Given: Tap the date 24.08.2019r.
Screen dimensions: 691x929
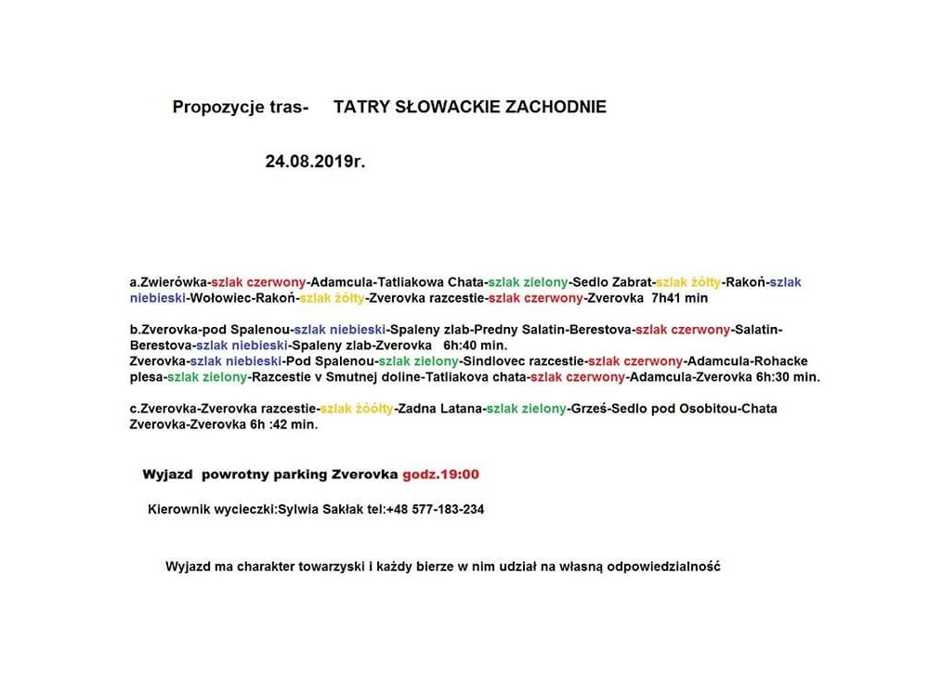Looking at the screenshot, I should pyautogui.click(x=315, y=161).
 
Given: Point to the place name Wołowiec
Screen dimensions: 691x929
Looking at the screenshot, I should pyautogui.click(x=219, y=298).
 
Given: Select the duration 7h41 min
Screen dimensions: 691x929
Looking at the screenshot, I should pyautogui.click(x=680, y=298).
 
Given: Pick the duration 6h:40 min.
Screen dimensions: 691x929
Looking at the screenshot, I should pyautogui.click(x=476, y=345).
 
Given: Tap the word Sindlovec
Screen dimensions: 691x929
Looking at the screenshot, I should pyautogui.click(x=492, y=361).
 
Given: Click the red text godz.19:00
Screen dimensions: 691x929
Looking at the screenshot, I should pyautogui.click(x=440, y=475).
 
